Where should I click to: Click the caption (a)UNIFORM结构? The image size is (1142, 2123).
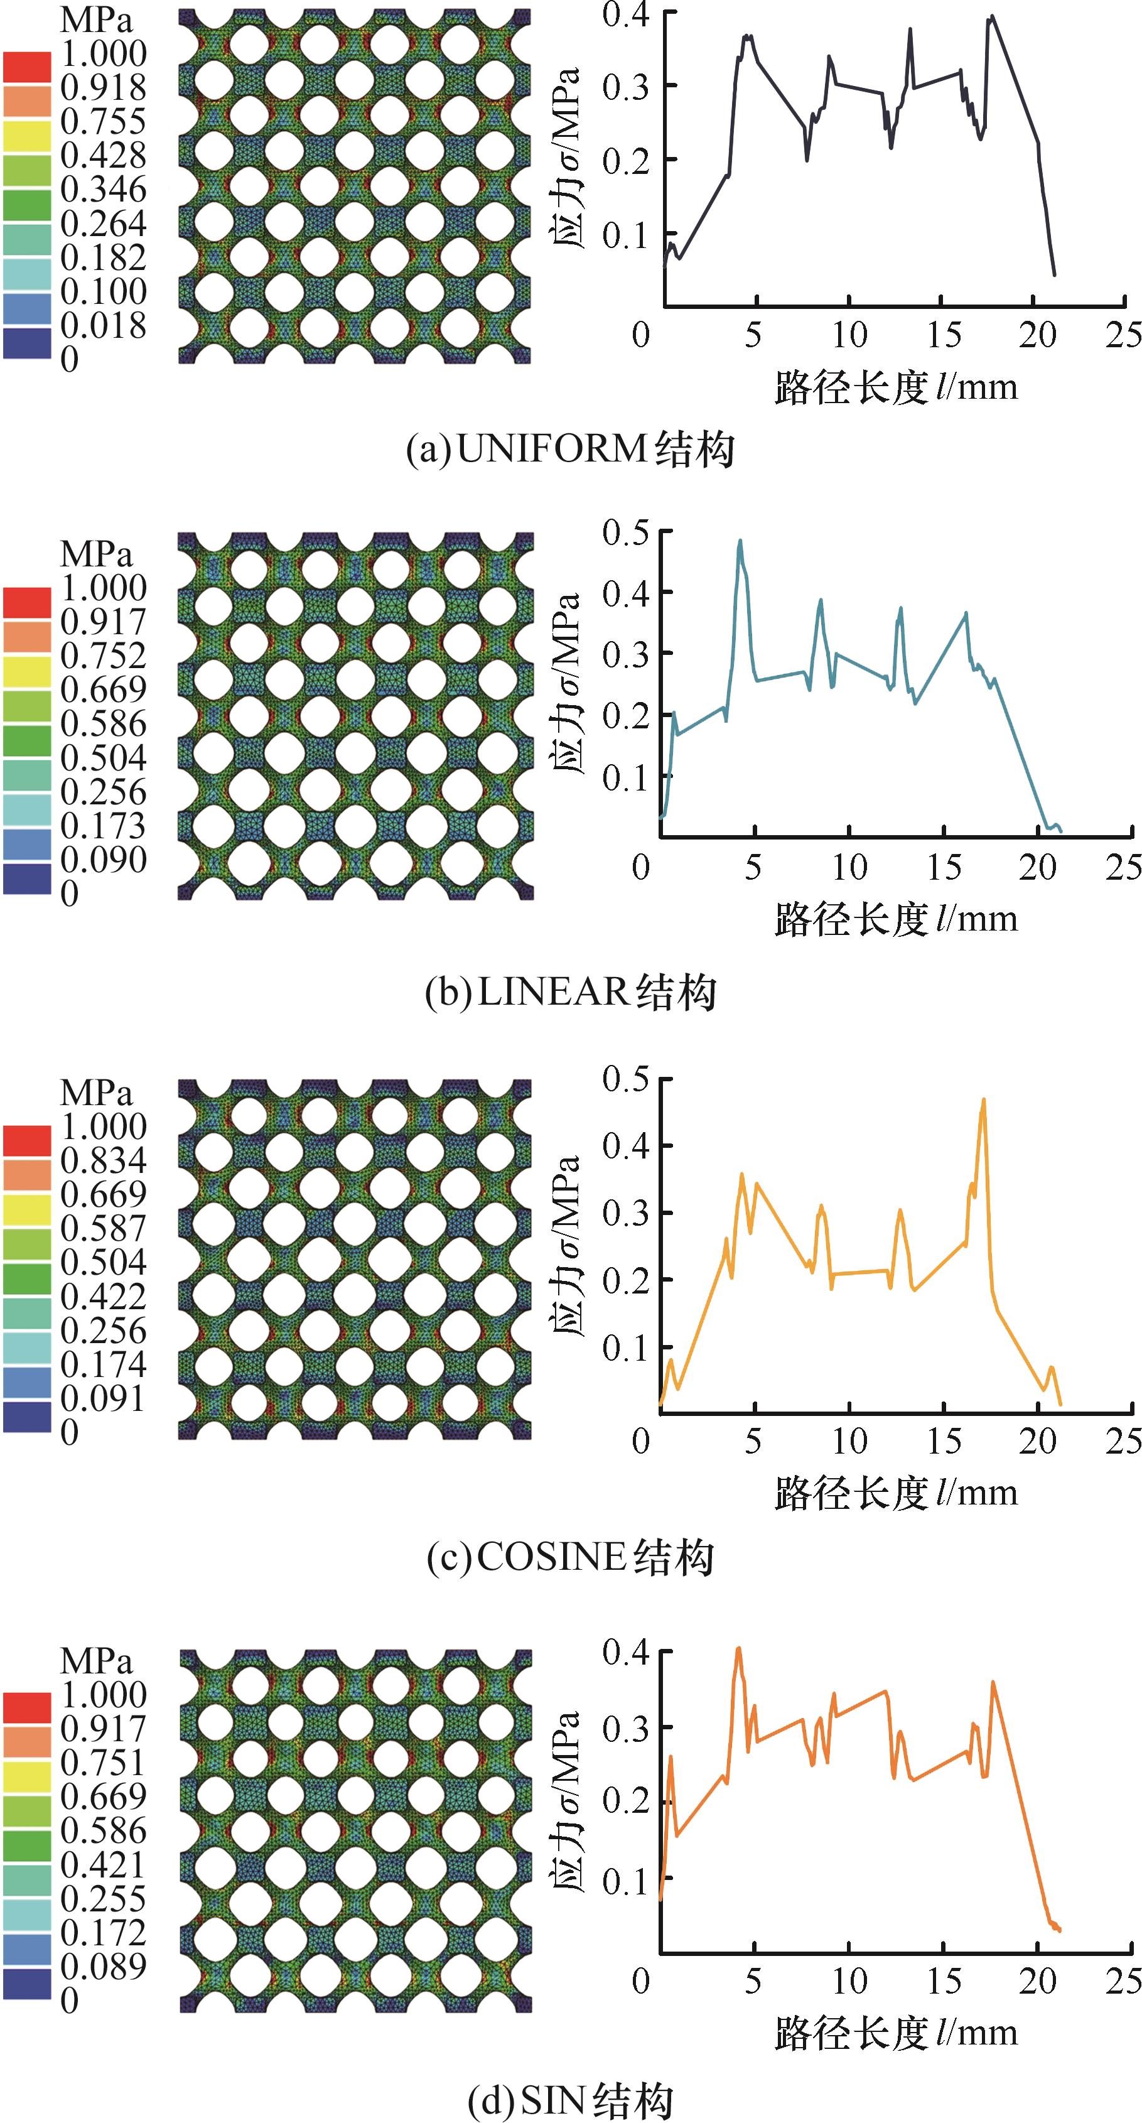[570, 450]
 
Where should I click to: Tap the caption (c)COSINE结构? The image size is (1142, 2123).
[570, 1557]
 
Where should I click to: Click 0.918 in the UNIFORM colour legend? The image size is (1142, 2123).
[103, 87]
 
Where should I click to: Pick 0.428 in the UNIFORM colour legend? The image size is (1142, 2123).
[103, 155]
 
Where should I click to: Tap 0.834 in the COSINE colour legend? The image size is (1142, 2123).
[103, 1160]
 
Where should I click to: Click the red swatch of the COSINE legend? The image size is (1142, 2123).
[26, 1142]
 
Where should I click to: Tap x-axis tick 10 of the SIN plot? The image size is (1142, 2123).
[849, 1980]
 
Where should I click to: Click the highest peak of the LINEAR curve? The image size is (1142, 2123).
[740, 541]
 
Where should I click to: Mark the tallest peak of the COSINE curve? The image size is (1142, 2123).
[983, 1099]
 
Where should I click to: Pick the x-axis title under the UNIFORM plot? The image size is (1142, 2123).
[896, 387]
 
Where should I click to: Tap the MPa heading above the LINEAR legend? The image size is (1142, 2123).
[95, 554]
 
